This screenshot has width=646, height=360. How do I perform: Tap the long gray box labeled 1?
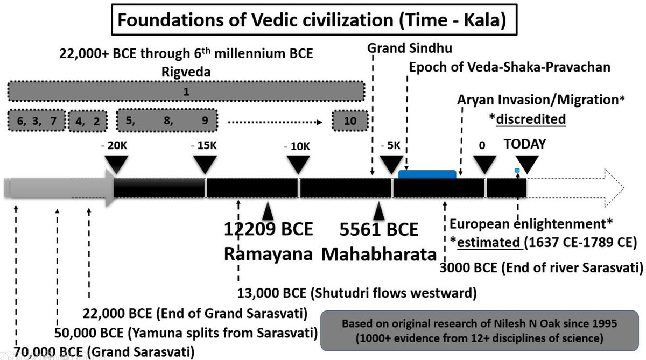pyautogui.click(x=186, y=91)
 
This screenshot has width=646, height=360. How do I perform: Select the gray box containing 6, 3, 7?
pyautogui.click(x=37, y=120)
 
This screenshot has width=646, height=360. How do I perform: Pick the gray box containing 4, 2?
pyautogui.click(x=88, y=120)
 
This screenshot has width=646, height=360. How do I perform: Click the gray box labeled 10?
pyautogui.click(x=350, y=120)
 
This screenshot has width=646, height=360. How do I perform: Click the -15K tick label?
pyautogui.click(x=205, y=146)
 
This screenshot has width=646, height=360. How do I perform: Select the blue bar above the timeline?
pyautogui.click(x=427, y=174)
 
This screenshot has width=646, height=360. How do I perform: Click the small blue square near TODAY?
pyautogui.click(x=517, y=171)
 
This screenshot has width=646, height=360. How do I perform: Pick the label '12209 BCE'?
pyautogui.click(x=269, y=230)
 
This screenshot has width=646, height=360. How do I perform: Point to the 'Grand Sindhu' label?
pyautogui.click(x=410, y=48)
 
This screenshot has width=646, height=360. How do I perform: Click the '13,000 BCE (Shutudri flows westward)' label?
pyautogui.click(x=357, y=293)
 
